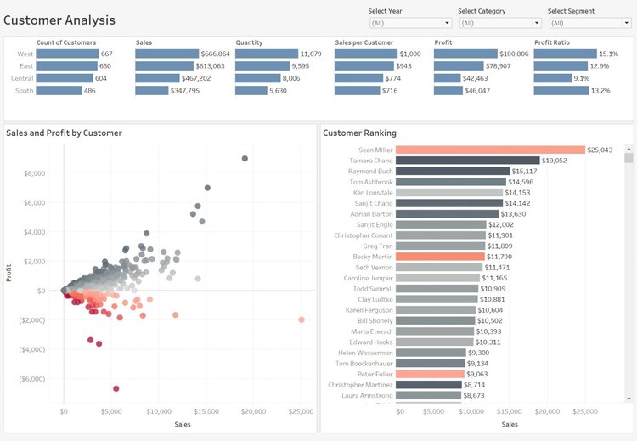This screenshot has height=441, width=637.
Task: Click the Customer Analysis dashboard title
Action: [x=59, y=20]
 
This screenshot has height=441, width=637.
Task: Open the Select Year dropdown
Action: [x=409, y=23]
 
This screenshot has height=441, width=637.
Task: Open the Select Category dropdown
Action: [x=499, y=23]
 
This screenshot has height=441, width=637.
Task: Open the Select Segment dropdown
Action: [x=589, y=23]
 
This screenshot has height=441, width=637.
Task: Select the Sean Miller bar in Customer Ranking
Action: [x=490, y=150]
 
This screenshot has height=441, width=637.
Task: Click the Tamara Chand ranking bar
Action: [x=467, y=160]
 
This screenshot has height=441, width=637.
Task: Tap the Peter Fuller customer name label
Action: [x=375, y=374]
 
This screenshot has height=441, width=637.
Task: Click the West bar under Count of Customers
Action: [x=68, y=54]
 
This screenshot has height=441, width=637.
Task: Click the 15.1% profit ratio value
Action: [x=609, y=54]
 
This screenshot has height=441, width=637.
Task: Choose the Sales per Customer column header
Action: [x=366, y=42]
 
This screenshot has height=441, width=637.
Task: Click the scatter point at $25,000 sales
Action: [x=302, y=319]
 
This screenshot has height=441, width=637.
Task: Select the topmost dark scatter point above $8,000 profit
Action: [x=245, y=158]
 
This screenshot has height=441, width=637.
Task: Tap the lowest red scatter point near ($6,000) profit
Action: [x=116, y=388]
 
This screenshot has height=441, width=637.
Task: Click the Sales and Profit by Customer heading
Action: [x=64, y=133]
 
